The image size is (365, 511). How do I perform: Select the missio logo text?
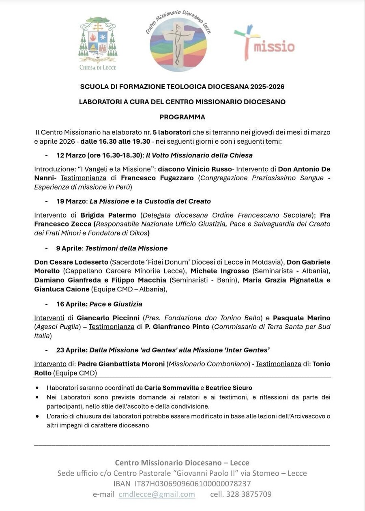pos(273,46)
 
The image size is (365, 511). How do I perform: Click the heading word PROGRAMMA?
pos(182,117)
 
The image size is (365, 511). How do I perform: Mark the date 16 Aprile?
pos(71,304)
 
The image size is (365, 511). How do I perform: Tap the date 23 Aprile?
pos(71,350)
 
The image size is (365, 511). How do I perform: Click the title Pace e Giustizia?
pos(116,304)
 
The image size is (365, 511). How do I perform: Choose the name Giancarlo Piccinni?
pos(108,318)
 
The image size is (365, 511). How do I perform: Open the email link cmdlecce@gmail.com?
pos(157,494)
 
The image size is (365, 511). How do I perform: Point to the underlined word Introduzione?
pos(54,169)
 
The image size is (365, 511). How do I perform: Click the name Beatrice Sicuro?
pos(229,388)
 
